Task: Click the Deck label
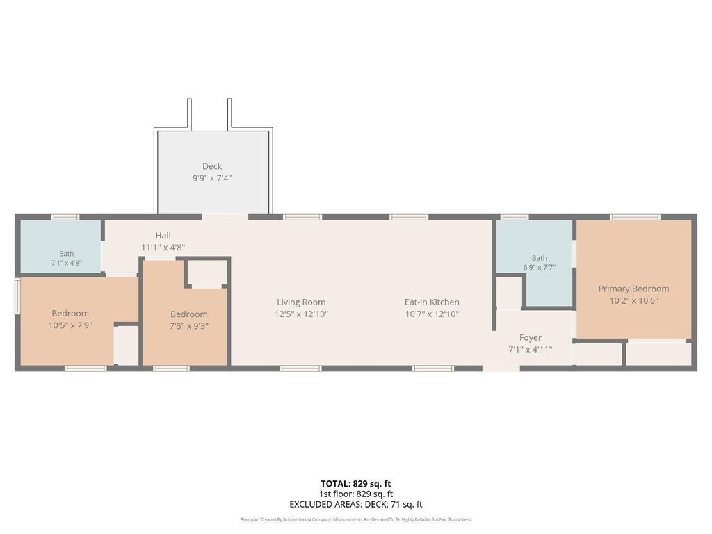(212, 166)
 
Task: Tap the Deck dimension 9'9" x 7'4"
(212, 178)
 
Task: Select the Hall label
(163, 235)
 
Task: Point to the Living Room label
(301, 302)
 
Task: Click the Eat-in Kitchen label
(432, 302)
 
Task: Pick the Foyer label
(531, 337)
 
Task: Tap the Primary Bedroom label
(633, 289)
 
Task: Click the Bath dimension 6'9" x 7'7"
(539, 268)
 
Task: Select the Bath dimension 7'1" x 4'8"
(66, 263)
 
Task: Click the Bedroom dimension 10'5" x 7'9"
(70, 325)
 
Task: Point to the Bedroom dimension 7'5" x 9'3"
(189, 326)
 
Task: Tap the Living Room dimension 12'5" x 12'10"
(301, 314)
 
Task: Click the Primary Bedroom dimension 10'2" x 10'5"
(633, 300)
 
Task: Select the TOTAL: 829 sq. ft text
(355, 484)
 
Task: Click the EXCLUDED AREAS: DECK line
(355, 504)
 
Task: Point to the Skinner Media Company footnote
(355, 519)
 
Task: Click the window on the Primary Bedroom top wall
(635, 217)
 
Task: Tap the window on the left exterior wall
(17, 296)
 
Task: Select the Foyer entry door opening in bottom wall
(501, 369)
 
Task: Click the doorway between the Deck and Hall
(225, 217)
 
